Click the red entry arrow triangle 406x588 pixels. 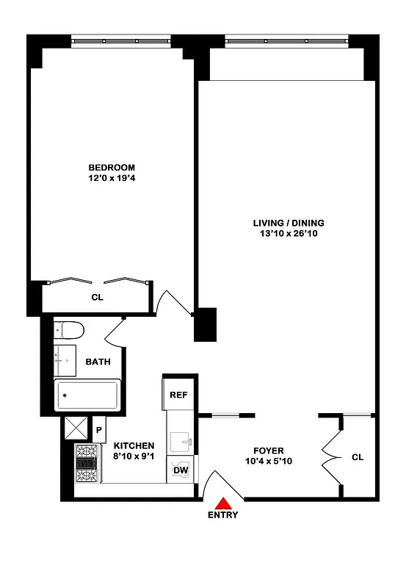[x=222, y=503]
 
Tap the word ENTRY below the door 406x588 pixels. [x=222, y=515]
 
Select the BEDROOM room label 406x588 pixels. [x=112, y=167]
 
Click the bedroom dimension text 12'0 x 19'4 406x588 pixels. [x=112, y=177]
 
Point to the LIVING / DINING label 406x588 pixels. [x=289, y=223]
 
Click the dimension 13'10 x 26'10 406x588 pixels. [x=289, y=234]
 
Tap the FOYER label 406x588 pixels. [x=269, y=451]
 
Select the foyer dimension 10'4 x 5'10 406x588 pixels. [x=269, y=461]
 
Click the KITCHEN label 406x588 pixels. [x=134, y=445]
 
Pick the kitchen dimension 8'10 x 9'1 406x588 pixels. [x=134, y=456]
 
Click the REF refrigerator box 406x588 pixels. [x=178, y=395]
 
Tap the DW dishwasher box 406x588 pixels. [x=180, y=470]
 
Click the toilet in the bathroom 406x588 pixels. [x=70, y=329]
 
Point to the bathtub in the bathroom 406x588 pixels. [x=87, y=396]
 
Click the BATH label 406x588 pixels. [x=98, y=362]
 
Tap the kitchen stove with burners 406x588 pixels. [x=87, y=464]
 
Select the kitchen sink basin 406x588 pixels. [x=181, y=442]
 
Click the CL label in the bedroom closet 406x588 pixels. [x=96, y=298]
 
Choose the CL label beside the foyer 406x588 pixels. [x=358, y=456]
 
